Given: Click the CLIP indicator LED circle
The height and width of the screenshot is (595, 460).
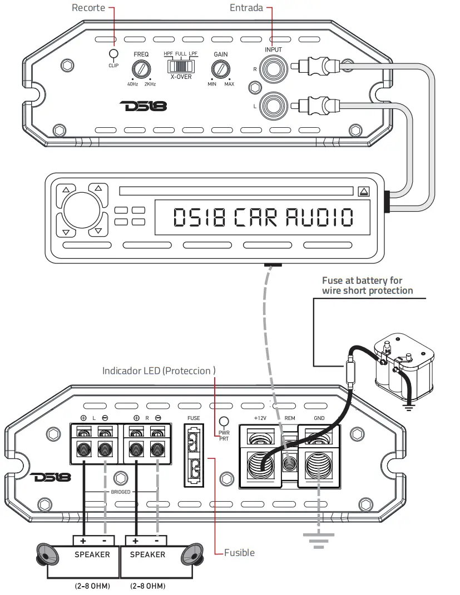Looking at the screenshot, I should click(113, 54).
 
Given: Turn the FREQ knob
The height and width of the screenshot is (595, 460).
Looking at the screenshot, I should click(141, 69).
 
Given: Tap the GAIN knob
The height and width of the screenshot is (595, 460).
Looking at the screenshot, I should click(220, 69).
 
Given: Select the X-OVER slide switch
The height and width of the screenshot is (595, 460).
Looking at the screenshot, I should click(181, 66).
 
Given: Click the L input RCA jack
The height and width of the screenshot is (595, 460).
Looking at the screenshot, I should click(274, 104).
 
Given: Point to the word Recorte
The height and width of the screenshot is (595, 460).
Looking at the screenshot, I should click(89, 8).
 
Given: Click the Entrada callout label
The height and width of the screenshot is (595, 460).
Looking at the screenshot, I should click(246, 8).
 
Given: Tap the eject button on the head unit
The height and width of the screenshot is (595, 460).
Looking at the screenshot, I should click(364, 192).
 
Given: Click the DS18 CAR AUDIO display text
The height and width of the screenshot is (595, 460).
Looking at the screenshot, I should click(263, 218).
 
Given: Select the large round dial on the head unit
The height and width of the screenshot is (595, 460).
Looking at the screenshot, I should click(82, 209).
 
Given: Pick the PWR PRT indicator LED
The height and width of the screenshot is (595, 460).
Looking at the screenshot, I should click(225, 423).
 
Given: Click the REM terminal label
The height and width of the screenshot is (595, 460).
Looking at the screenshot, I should click(290, 418).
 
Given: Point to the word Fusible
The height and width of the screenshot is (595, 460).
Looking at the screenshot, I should click(239, 553).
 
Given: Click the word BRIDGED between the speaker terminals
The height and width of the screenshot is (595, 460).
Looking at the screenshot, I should click(120, 492).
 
